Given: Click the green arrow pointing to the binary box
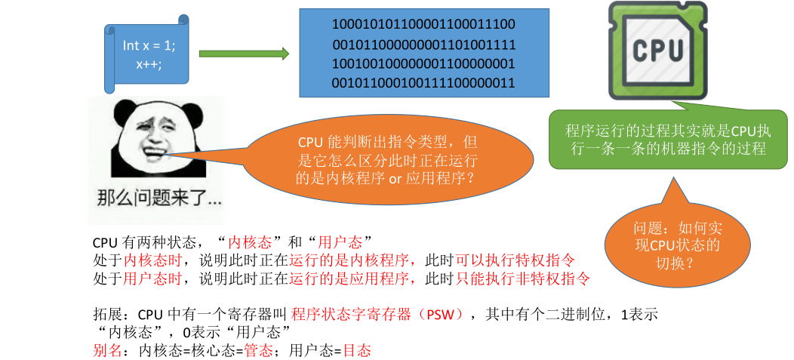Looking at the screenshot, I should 244,54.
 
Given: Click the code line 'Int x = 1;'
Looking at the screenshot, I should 149,45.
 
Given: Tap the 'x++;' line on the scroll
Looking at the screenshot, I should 149,63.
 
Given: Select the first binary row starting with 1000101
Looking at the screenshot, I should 423,25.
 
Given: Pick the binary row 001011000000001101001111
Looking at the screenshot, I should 423,45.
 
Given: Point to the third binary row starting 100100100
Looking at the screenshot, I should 423,63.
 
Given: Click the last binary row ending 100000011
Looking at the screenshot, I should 423,82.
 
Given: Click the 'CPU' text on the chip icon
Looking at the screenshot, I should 658,51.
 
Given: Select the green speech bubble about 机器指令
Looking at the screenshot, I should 668,140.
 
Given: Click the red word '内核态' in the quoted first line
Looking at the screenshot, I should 250,242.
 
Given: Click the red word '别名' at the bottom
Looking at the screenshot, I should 105,350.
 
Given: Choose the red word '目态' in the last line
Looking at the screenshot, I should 357,350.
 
